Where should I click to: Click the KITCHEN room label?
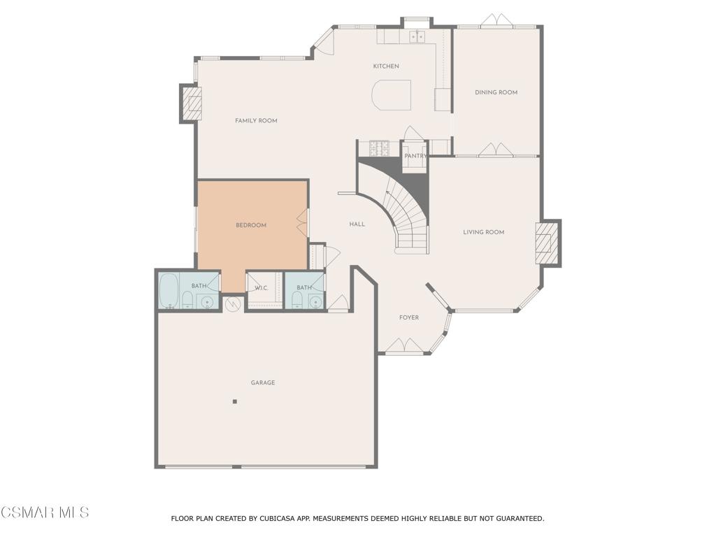(x=386, y=66)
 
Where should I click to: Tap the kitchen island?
(x=391, y=95)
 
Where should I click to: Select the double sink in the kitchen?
(x=418, y=36)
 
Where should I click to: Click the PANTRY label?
(x=415, y=156)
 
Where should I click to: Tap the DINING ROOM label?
(x=496, y=92)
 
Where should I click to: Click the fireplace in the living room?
(x=546, y=242)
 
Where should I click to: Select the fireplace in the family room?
(x=192, y=104)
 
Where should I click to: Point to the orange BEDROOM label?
(x=250, y=225)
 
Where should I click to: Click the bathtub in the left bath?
(x=168, y=291)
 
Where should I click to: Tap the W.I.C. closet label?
(x=262, y=287)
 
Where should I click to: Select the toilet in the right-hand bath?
(x=296, y=301)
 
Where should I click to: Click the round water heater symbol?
(x=234, y=304)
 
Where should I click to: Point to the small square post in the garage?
(x=235, y=401)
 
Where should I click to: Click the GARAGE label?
(x=263, y=382)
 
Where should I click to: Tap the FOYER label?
(x=409, y=317)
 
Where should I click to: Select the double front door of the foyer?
(x=404, y=346)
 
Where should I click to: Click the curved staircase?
(x=406, y=210)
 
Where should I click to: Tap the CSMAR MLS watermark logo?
(x=45, y=513)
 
